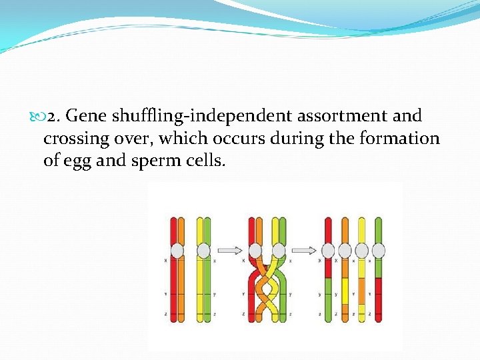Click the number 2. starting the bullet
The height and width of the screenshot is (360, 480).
point(55,116)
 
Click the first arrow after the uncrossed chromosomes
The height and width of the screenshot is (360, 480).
point(230,251)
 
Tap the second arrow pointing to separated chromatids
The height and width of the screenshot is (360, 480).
point(304,251)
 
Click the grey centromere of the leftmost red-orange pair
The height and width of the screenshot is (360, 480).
point(177,251)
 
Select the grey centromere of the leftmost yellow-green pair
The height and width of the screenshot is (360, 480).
point(203,251)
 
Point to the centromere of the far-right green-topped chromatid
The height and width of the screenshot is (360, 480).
point(378,251)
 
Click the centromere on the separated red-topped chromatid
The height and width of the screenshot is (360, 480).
point(328,251)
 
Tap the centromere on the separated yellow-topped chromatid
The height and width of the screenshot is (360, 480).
point(361,251)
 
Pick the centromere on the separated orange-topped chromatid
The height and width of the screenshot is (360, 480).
point(345,251)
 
